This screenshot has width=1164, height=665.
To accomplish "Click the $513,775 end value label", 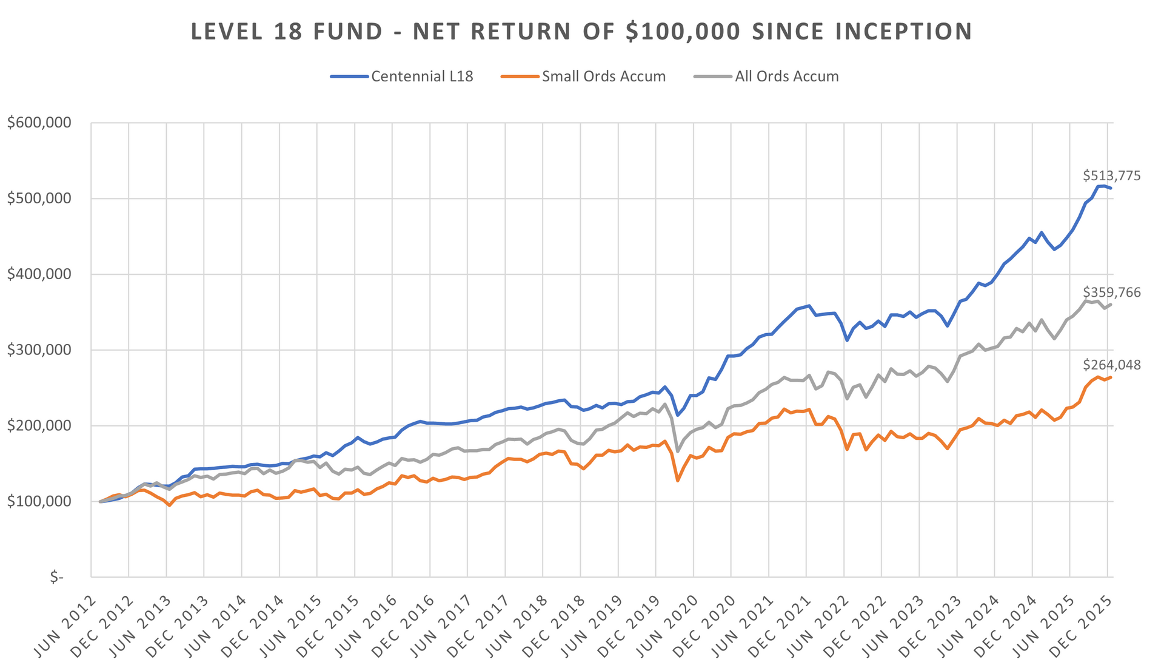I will coord(1111,176).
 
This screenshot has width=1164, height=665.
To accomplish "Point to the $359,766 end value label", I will coord(1111,292).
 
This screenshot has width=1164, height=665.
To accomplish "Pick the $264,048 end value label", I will coord(1111,365).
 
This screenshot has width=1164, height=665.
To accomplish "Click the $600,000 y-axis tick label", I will coord(39,123).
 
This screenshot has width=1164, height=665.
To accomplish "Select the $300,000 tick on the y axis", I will coord(39,350).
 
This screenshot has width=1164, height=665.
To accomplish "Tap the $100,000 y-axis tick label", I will coord(39,502).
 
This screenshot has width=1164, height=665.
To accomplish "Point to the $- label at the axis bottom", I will coord(56,578).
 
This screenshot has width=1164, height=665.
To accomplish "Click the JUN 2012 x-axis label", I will coord(65,626).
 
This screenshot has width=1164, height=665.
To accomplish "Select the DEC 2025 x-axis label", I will coord(1081,626).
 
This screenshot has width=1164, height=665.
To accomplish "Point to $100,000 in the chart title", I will coord(683,32).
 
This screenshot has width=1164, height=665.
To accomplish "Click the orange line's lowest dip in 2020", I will coord(677,481).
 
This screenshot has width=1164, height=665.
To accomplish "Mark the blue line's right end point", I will coord(1111,188).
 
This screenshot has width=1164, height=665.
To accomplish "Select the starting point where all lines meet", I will coord(100,502).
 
